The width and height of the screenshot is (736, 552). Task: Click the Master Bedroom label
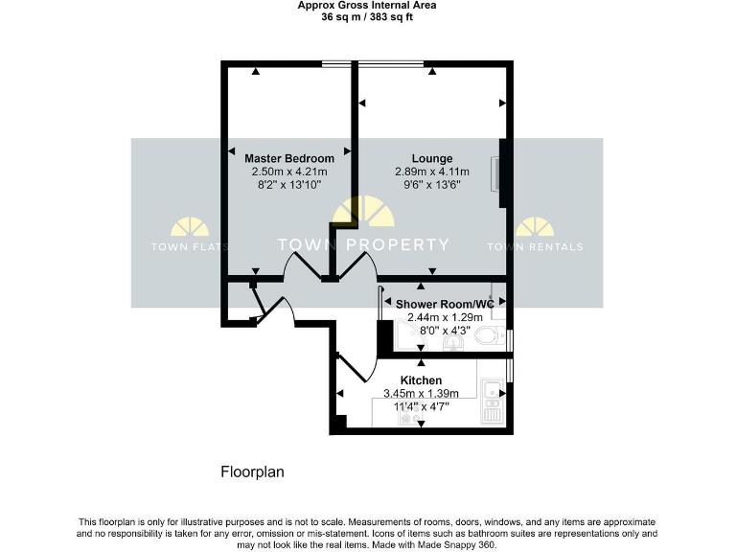tap(288, 158)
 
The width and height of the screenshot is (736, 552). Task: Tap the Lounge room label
tap(432, 158)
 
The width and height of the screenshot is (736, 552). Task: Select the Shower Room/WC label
tap(445, 304)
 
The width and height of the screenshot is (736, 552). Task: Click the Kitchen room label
tap(422, 380)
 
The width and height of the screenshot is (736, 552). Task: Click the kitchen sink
tap(493, 390)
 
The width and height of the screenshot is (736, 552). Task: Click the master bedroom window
tap(335, 64)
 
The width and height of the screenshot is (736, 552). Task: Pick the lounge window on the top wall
tap(392, 64)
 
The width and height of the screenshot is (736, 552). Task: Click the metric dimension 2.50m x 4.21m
tap(288, 172)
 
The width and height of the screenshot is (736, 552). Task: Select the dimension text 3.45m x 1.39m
tap(422, 393)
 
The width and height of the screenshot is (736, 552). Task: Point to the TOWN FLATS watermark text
tap(189, 246)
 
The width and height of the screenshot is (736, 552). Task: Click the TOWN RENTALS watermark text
tap(535, 246)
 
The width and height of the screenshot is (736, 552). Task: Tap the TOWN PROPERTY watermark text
tap(363, 244)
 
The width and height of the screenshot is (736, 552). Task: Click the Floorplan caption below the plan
tap(252, 472)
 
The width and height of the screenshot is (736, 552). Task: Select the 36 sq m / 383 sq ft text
tap(366, 16)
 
